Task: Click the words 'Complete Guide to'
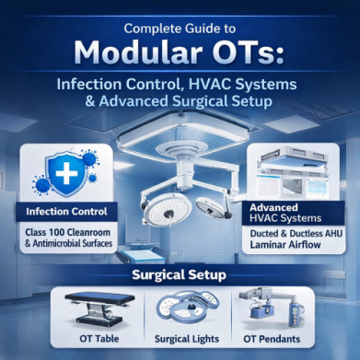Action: click(x=180, y=29)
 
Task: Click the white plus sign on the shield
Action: click(x=66, y=173)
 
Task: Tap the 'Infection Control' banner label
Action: click(x=66, y=212)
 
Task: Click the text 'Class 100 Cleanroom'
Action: click(x=67, y=232)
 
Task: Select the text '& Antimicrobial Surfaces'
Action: click(x=68, y=244)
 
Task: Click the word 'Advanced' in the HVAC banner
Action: click(x=273, y=208)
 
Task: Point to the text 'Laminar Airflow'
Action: click(x=285, y=245)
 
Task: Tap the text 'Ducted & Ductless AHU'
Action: click(x=296, y=234)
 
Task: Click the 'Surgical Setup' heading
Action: click(x=180, y=275)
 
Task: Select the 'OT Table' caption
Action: click(x=99, y=339)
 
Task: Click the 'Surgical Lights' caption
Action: click(x=187, y=339)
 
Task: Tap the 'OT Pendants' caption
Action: click(x=272, y=339)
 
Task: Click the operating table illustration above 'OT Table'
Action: click(x=99, y=309)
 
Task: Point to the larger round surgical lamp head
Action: click(x=168, y=210)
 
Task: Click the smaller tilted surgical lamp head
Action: click(x=211, y=207)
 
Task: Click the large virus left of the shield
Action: click(x=42, y=185)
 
